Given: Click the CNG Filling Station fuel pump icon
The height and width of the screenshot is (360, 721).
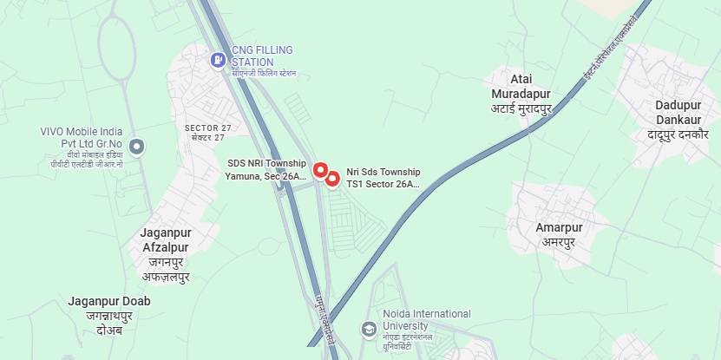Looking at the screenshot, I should click(x=219, y=60).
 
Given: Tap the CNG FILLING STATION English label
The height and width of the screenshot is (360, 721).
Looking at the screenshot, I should click(x=264, y=56).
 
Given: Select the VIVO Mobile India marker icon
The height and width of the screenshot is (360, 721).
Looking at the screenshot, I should click(x=135, y=145).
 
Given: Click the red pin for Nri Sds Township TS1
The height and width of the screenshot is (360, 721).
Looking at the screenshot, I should click(x=332, y=179).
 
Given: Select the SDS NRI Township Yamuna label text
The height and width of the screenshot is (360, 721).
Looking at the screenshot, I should click(x=266, y=169).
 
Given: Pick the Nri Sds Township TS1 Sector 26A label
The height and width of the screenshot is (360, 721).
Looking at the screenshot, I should click(x=383, y=178).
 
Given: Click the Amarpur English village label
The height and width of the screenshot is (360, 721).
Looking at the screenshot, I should click(x=560, y=227).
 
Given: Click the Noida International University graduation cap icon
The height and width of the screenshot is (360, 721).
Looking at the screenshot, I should click(x=369, y=329).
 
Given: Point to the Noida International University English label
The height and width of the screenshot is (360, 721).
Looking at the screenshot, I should click(x=427, y=319).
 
